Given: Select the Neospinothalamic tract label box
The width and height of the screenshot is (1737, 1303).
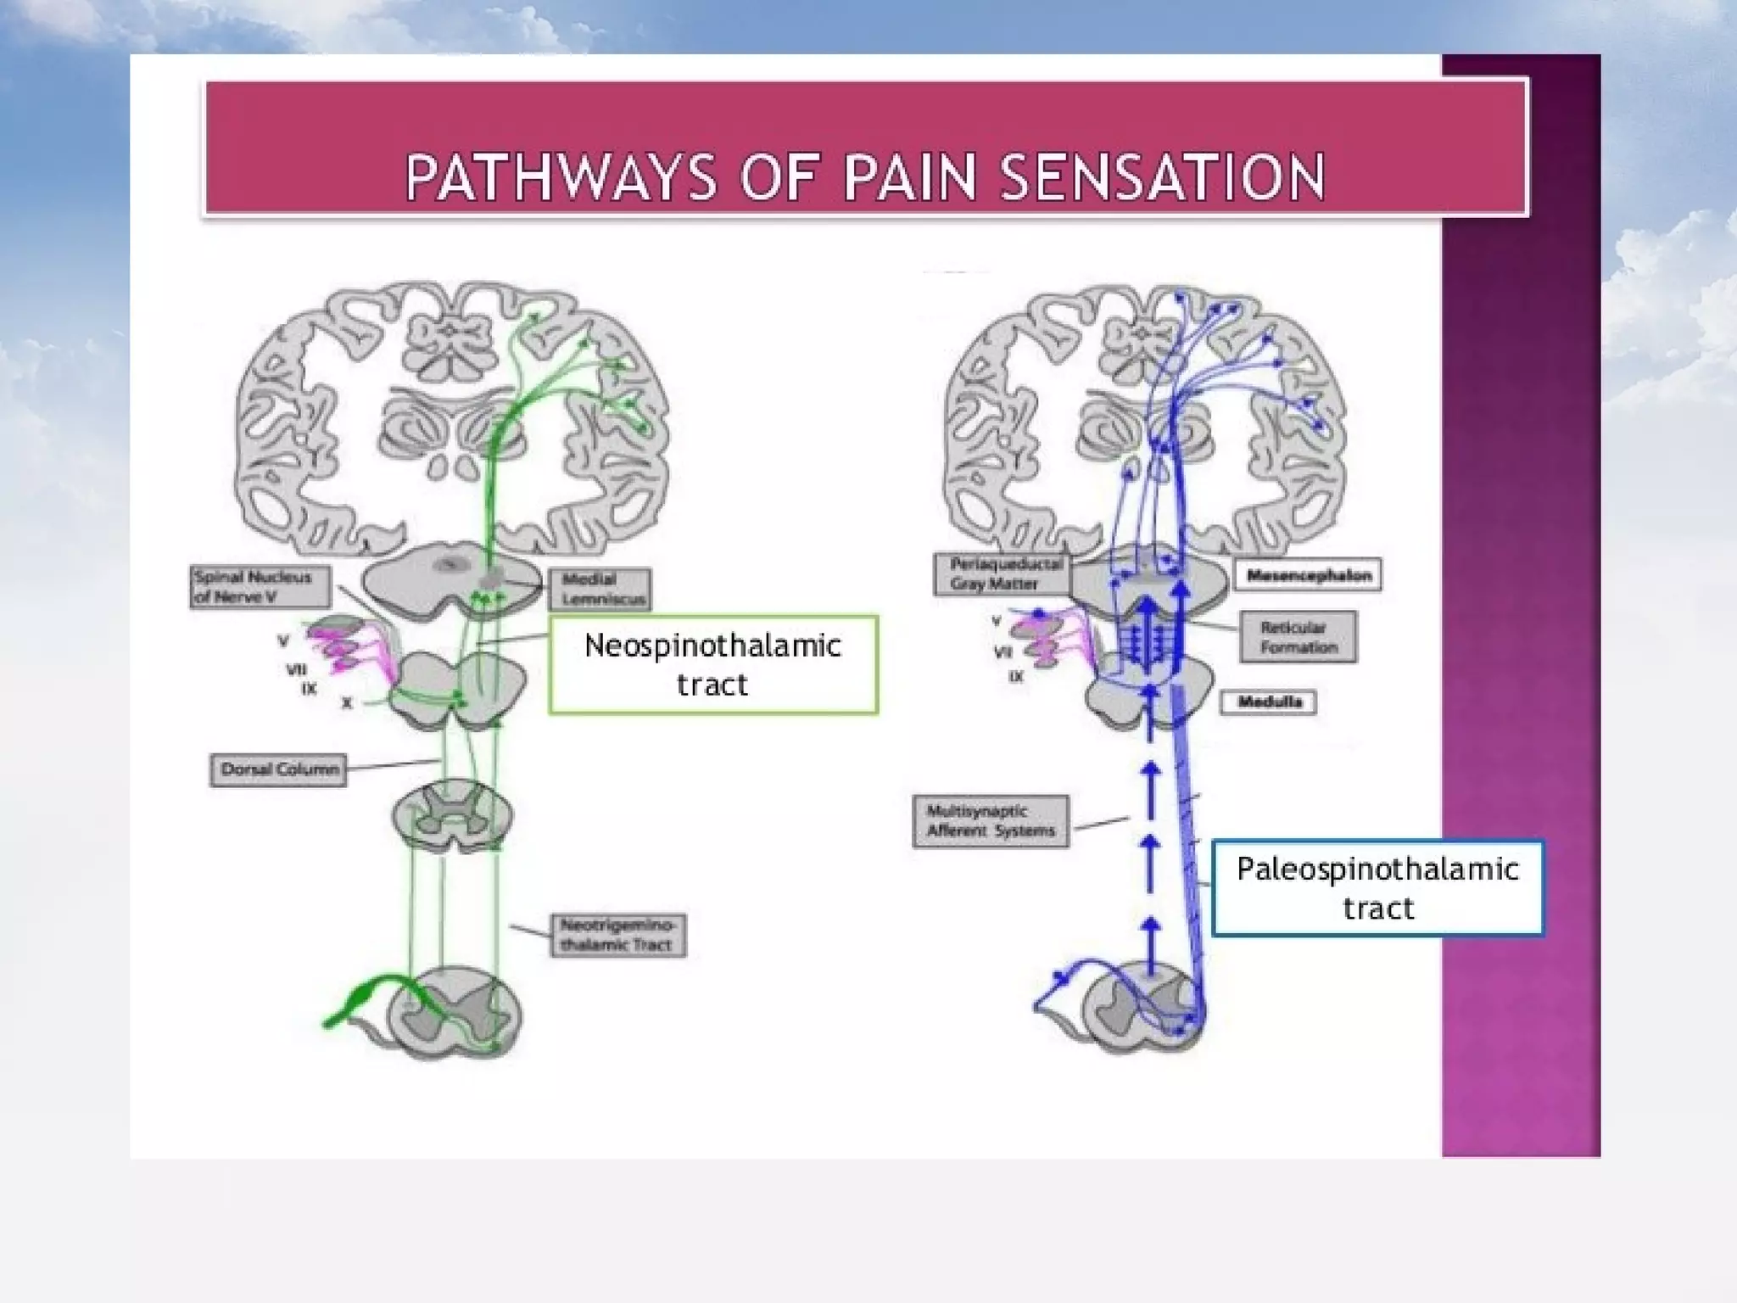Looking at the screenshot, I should [x=713, y=665].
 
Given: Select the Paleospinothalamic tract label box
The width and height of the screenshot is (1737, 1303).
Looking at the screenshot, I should [x=1377, y=888].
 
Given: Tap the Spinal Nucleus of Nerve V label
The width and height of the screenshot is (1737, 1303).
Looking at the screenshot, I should [x=259, y=587].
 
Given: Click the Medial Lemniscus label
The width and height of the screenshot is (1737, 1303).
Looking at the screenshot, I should [x=600, y=589].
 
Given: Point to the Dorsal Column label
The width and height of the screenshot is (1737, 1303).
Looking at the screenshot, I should [x=278, y=770].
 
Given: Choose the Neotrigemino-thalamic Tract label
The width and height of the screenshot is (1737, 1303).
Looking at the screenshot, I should [x=617, y=935].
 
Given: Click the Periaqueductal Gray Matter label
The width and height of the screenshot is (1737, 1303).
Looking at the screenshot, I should [x=1001, y=574].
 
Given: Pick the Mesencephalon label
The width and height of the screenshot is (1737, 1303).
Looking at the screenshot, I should [x=1307, y=575].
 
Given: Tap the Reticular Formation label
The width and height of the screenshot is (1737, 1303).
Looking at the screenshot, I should [x=1298, y=637].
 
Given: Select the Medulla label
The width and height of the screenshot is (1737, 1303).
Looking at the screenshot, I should [x=1269, y=702].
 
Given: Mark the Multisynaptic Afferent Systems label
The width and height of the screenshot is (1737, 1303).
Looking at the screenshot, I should [x=991, y=821].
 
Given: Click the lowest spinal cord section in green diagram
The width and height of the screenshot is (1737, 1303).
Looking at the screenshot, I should [x=454, y=1014].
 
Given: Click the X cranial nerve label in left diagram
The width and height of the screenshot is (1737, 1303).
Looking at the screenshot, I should [x=346, y=703].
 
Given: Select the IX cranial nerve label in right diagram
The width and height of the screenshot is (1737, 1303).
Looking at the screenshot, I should [x=1015, y=677].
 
